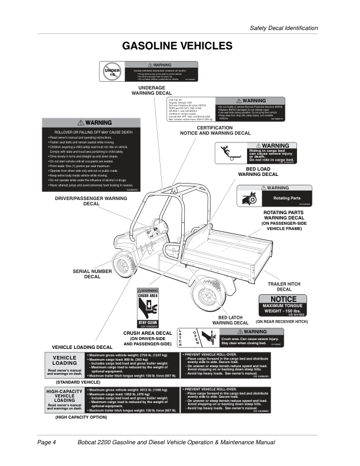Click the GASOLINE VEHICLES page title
[x=177, y=46]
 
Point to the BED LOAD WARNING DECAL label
[x=262, y=171]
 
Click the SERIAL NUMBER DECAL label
[x=92, y=274]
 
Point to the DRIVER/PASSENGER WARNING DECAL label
[x=91, y=201]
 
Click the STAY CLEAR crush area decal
[x=148, y=308]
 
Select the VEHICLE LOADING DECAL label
[x=82, y=347]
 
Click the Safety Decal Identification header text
[x=284, y=28]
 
